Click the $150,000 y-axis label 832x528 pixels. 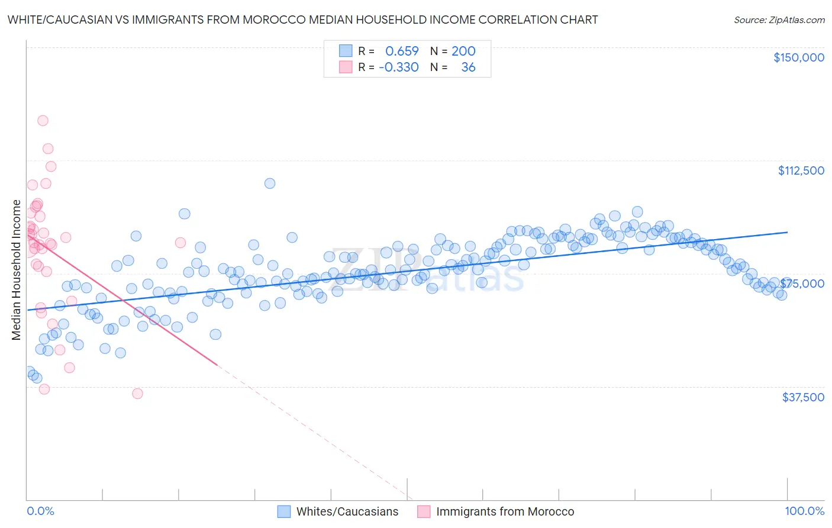(x=798, y=57)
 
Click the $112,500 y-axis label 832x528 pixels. (x=801, y=170)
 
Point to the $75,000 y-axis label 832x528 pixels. (x=802, y=284)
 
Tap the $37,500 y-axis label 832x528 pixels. (x=803, y=397)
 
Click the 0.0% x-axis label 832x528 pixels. (x=40, y=511)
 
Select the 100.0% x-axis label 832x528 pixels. (x=804, y=511)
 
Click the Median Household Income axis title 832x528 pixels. (x=16, y=270)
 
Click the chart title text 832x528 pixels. (x=302, y=20)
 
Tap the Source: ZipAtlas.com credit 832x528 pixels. (x=779, y=20)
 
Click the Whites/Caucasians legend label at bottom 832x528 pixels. (x=347, y=511)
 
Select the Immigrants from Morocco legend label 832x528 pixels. (x=505, y=511)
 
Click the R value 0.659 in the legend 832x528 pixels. (x=402, y=51)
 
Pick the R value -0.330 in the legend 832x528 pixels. (x=399, y=67)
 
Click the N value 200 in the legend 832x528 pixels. (x=463, y=51)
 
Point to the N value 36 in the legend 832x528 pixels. (x=468, y=67)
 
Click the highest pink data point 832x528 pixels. (x=43, y=121)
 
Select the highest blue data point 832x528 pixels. (x=270, y=183)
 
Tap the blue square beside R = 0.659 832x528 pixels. (x=346, y=51)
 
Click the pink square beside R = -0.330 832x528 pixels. (x=346, y=67)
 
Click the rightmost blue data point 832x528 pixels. (x=782, y=295)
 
